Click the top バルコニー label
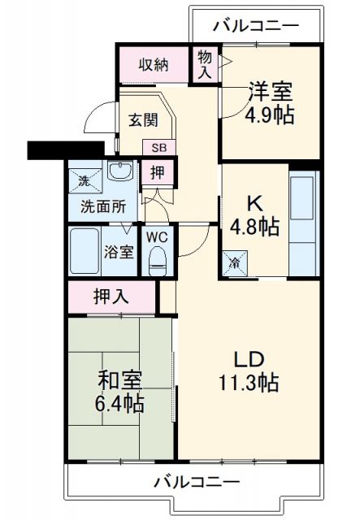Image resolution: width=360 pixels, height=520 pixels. pos(256,26)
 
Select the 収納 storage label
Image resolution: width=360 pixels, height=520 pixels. pos(152,64)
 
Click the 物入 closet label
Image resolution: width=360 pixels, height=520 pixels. pos(204,65)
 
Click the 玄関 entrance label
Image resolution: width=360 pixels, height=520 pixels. pos(143,119)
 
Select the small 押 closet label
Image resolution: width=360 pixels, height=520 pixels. pos(157,172)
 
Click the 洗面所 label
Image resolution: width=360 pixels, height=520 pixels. pos(103,206)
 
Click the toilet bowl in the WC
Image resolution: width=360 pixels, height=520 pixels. pos(158,262)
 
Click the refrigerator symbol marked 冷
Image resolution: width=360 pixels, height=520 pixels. pos(234,262)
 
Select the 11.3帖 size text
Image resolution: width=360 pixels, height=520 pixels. pos(248,382)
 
